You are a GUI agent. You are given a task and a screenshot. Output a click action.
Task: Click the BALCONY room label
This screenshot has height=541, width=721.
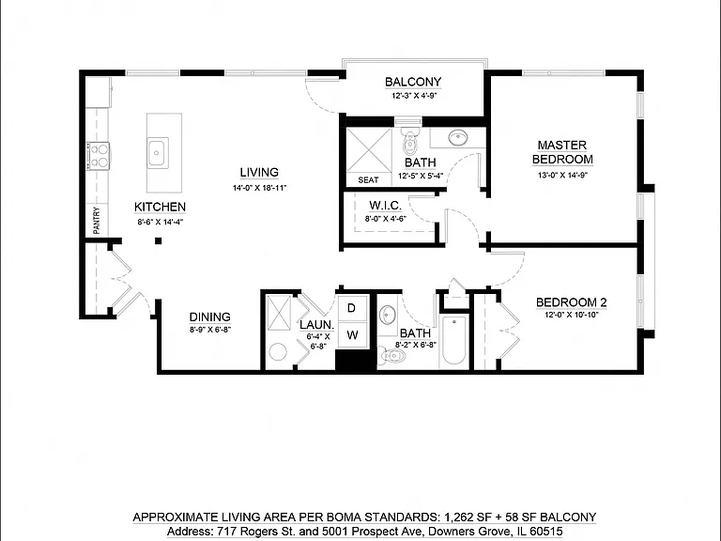pyautogui.click(x=413, y=82)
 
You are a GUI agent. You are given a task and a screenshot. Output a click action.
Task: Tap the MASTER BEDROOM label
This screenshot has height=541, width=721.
pyautogui.click(x=562, y=152)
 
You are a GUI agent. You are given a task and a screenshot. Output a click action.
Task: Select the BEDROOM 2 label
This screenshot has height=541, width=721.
pyautogui.click(x=571, y=302)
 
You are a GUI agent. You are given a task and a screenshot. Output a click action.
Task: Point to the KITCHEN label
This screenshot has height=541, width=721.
pyautogui.click(x=160, y=207)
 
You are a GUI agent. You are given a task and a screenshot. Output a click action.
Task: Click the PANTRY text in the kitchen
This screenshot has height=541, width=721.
pyautogui.click(x=97, y=221)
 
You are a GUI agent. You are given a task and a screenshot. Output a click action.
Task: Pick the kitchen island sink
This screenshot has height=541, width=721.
pyautogui.click(x=158, y=152)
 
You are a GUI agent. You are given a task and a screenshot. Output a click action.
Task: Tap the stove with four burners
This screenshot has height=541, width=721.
pyautogui.click(x=99, y=156)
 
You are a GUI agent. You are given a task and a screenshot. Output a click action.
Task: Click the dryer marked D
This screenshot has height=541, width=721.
pyautogui.click(x=352, y=308)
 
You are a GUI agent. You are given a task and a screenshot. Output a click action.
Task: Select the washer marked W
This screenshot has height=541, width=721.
pyautogui.click(x=352, y=334)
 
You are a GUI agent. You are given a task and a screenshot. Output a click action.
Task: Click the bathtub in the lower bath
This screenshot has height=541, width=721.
pyautogui.click(x=453, y=341)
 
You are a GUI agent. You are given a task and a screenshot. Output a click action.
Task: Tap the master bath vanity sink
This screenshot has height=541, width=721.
pyautogui.click(x=457, y=137)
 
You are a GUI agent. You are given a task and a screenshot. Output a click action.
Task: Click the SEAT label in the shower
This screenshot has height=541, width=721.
pyautogui.click(x=368, y=180)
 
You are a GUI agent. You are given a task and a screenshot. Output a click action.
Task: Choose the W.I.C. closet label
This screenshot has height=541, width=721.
pyautogui.click(x=385, y=205)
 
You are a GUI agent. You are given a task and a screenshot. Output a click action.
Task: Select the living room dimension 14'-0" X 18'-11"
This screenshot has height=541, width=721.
pyautogui.click(x=259, y=188)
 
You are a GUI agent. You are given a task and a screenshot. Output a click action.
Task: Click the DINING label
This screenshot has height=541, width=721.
pyautogui.click(x=209, y=317)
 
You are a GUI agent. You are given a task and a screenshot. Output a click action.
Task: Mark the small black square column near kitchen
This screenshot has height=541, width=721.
pyautogui.click(x=158, y=240)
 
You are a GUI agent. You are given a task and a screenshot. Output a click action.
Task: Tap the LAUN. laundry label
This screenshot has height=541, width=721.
pyautogui.click(x=316, y=325)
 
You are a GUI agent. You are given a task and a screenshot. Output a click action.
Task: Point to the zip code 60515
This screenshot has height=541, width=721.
pyautogui.click(x=546, y=532)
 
